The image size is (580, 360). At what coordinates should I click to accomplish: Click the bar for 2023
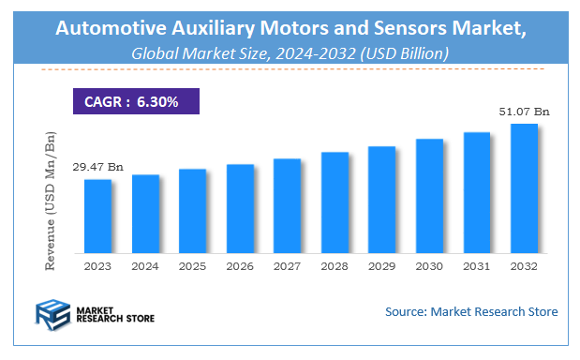point(98,216)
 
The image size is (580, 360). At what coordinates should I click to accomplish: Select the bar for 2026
point(240,208)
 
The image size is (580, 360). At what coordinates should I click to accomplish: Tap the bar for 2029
point(381,199)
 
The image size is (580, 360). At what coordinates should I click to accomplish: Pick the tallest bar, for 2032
point(523,187)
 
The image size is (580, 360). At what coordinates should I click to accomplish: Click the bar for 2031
point(476,192)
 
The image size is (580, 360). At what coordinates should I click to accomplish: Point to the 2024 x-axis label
point(145,266)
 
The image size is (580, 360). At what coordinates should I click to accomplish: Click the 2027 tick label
point(287,266)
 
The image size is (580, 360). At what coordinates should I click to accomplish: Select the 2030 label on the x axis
point(429,266)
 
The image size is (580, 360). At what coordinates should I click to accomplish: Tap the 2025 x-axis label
point(192,266)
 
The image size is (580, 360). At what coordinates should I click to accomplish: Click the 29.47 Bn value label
point(98,167)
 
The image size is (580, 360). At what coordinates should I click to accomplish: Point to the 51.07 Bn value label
point(523,112)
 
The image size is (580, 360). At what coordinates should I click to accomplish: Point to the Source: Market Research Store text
point(470,311)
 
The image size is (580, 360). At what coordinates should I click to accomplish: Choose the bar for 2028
point(335,202)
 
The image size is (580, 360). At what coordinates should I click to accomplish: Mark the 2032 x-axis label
point(523,266)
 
